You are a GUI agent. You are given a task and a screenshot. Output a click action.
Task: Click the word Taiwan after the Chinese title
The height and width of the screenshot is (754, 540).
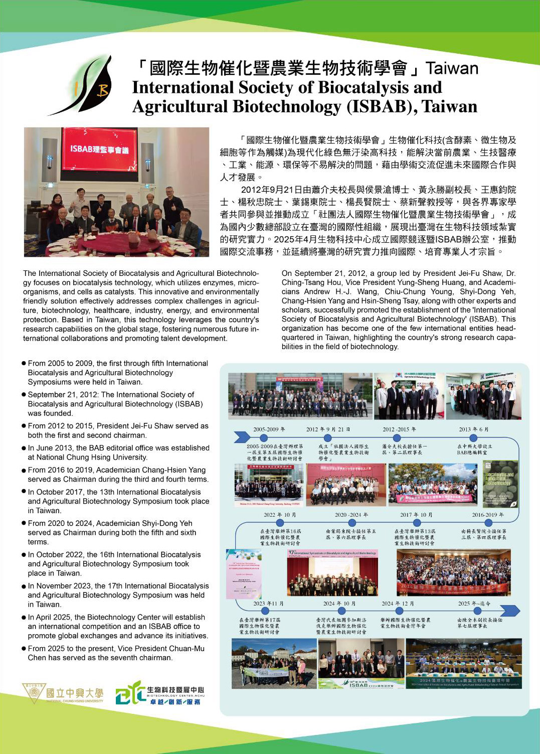coord(452,68)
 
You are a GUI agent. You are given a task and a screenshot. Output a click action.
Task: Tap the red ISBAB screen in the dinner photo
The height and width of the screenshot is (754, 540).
coord(99,149)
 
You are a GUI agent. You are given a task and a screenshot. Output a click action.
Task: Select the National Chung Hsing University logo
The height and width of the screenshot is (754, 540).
coord(63,693)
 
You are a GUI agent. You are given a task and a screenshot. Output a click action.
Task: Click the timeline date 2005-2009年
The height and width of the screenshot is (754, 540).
coord(269,429)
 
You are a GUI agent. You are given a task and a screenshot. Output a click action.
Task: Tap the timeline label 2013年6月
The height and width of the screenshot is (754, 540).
coord(473,429)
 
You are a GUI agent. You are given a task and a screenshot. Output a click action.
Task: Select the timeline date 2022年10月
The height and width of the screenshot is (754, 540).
coord(280,515)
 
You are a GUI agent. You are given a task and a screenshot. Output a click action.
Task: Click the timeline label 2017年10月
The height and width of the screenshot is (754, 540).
coord(416,515)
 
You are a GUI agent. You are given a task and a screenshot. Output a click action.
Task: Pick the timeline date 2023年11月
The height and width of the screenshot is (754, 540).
coord(268,604)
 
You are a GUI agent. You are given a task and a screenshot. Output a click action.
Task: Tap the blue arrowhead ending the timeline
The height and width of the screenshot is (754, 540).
coord(510,611)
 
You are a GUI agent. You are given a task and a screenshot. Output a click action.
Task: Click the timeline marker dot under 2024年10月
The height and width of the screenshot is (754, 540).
coord(341,611)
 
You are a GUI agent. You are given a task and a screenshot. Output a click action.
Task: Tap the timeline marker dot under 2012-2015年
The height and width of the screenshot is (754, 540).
coord(397,438)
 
